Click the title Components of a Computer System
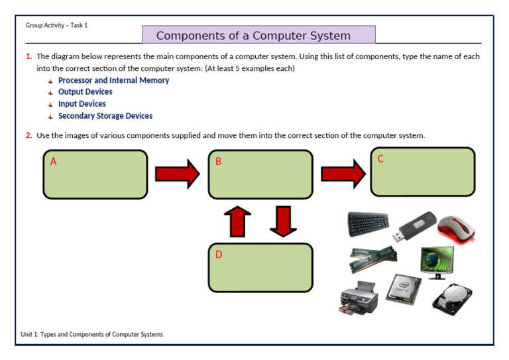point(258,35)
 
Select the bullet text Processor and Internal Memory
point(113,80)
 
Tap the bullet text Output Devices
point(85,92)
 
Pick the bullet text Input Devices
point(82,104)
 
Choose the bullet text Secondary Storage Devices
point(105,116)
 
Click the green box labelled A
point(95,174)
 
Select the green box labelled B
point(260,174)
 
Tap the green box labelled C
point(423,172)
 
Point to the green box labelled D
point(260,268)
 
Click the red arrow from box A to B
point(177,174)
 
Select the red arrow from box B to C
point(343,174)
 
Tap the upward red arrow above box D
point(238,221)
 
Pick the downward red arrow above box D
point(283,221)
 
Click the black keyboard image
point(368,224)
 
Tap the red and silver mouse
point(457,227)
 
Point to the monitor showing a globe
point(437,261)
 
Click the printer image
point(359,298)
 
